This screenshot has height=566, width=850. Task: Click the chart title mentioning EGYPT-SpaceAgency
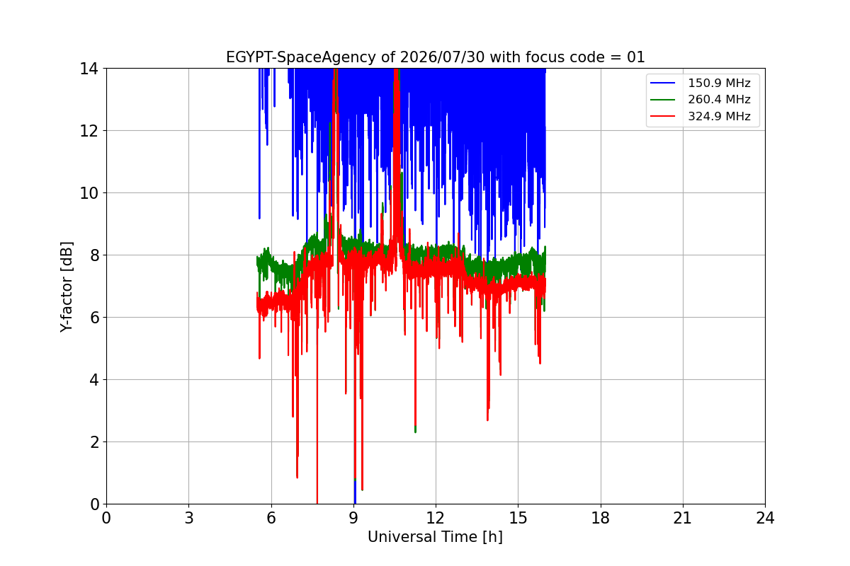[x=435, y=57]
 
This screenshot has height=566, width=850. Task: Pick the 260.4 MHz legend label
[x=720, y=99]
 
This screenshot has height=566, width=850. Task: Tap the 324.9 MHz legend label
[x=720, y=116]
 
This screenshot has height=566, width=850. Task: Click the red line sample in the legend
[x=662, y=116]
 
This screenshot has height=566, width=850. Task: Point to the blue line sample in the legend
[x=662, y=83]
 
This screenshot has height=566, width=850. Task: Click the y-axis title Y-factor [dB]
[x=66, y=287]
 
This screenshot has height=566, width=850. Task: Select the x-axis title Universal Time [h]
[x=435, y=537]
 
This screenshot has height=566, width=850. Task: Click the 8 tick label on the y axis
[x=94, y=255]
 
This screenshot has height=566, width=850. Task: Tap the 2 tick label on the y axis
[x=94, y=442]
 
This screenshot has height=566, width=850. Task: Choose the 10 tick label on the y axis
[x=89, y=193]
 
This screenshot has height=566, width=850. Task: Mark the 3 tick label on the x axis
[x=189, y=518]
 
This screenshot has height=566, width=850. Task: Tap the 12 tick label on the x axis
[x=436, y=518]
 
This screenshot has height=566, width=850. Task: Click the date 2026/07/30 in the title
[x=442, y=57]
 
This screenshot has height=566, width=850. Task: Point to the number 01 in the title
[x=636, y=57]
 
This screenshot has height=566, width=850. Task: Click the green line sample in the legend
[x=662, y=100]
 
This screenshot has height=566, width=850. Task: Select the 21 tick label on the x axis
[x=683, y=518]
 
